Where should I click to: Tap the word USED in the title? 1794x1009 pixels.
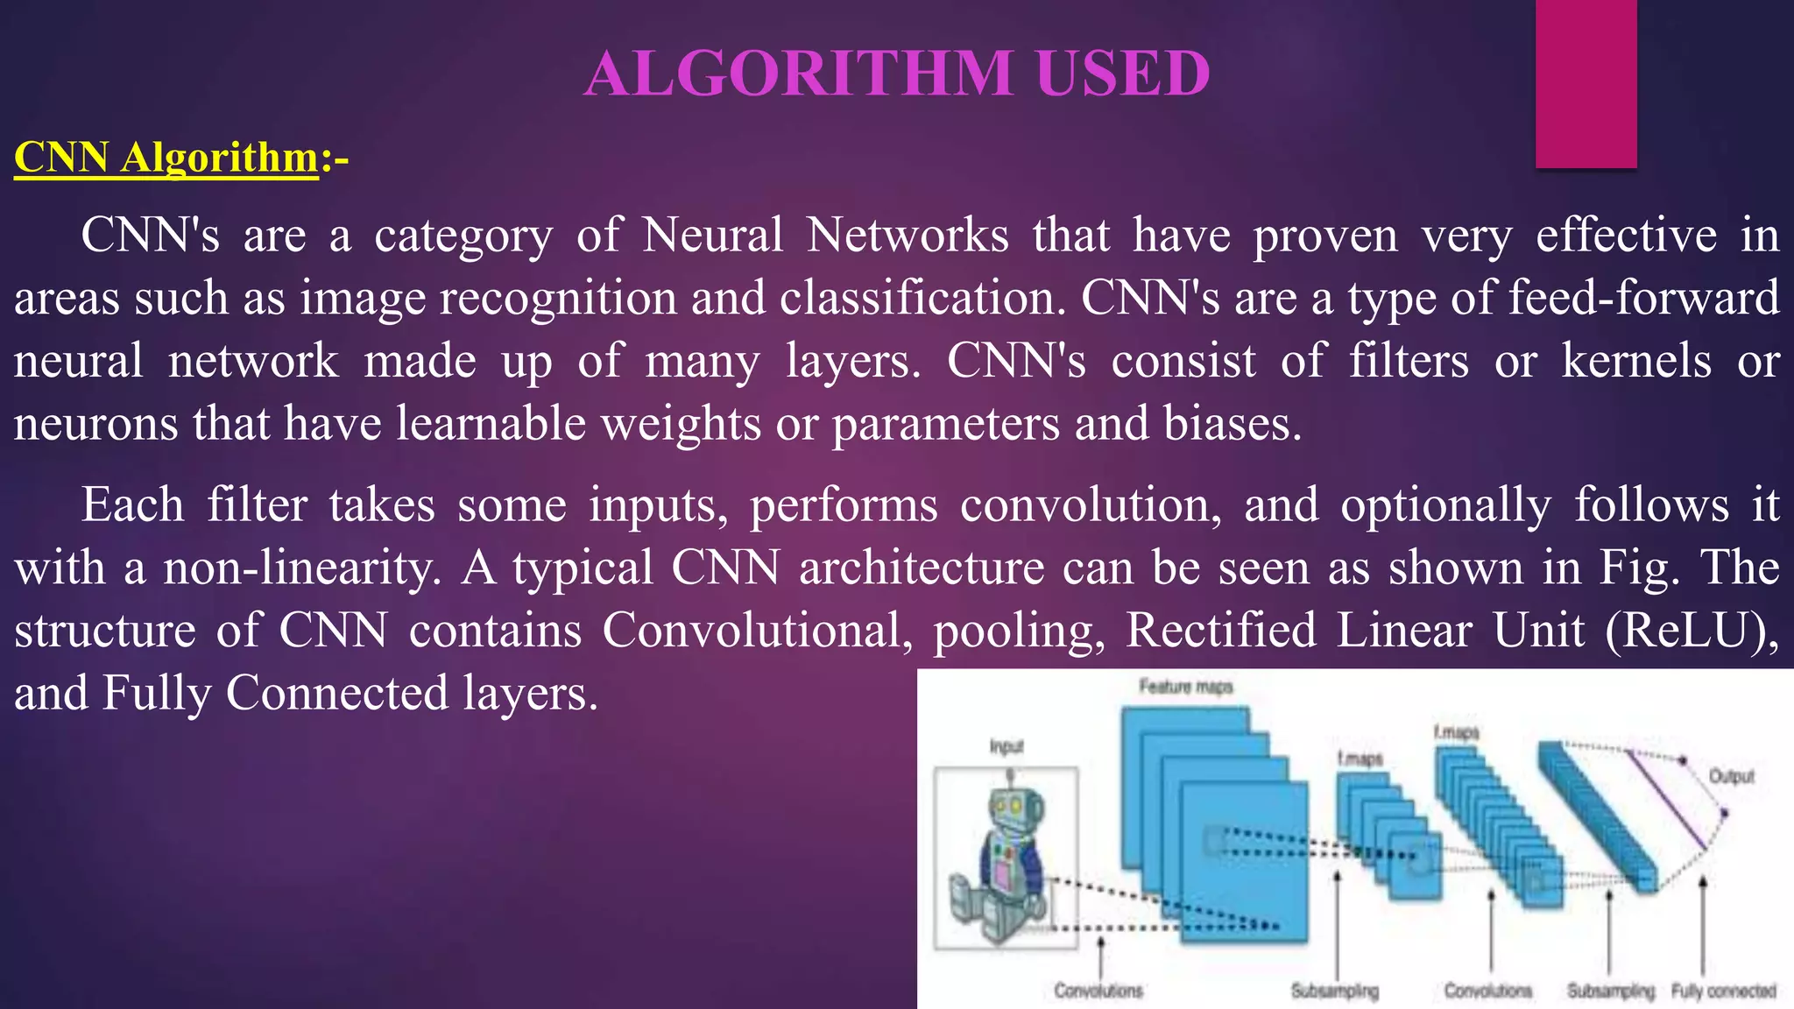(x=1123, y=74)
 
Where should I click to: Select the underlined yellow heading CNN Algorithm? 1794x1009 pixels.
(x=166, y=159)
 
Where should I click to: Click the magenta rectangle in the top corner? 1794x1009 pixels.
(x=1586, y=83)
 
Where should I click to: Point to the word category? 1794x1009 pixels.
(x=463, y=236)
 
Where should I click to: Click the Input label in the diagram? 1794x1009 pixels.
(x=1006, y=746)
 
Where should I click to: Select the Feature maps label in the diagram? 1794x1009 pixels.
(x=1185, y=687)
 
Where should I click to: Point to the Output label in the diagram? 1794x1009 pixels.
(x=1731, y=776)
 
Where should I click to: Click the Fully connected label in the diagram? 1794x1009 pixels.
(x=1723, y=991)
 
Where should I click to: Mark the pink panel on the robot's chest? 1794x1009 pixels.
(x=1000, y=876)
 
